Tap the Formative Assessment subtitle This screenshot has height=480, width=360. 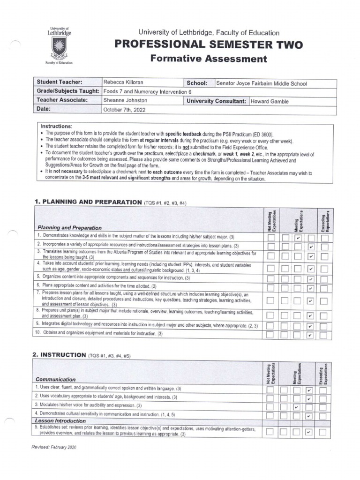click(209, 59)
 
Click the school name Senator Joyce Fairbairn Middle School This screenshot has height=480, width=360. click(261, 84)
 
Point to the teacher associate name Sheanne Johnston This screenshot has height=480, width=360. click(125, 100)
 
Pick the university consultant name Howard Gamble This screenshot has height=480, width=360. click(270, 101)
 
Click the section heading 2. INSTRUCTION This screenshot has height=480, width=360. click(59, 355)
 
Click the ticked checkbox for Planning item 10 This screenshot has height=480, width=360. click(310, 335)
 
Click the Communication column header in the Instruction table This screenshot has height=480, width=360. click(54, 379)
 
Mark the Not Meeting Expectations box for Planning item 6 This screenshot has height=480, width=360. click(271, 287)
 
